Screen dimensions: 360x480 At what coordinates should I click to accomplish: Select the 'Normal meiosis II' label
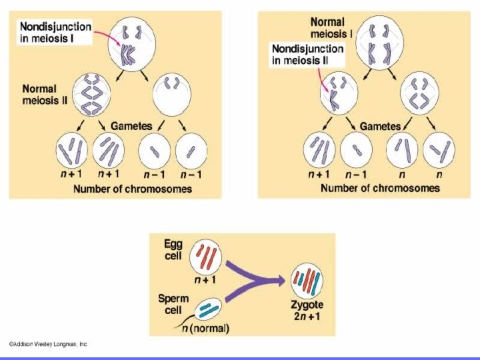39,95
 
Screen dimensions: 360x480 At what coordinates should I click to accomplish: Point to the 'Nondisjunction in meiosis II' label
307,55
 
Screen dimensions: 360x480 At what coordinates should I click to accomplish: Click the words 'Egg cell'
173,250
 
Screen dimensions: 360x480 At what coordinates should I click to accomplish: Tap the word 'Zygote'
307,304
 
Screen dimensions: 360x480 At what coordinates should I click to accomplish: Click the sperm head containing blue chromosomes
209,309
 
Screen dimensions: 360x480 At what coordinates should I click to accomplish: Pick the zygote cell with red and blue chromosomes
307,281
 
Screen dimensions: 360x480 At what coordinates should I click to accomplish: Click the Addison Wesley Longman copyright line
48,345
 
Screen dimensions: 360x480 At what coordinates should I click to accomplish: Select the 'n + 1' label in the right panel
320,175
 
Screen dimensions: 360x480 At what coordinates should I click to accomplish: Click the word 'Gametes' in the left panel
131,125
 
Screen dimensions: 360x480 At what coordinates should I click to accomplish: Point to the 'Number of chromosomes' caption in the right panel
380,188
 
